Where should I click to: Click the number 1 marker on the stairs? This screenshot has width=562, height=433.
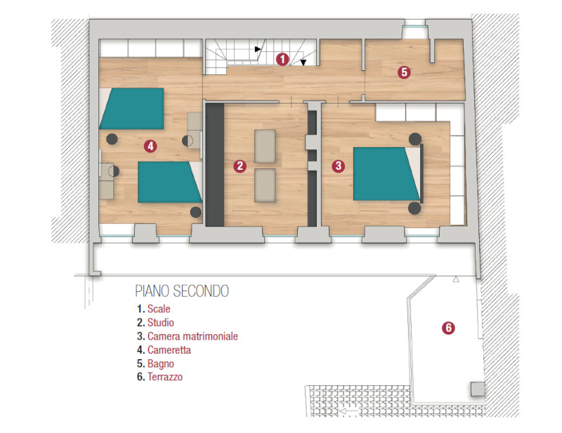click(282, 59)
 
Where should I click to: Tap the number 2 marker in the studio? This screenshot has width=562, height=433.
click(240, 166)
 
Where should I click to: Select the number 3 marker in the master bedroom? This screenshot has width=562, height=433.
click(338, 166)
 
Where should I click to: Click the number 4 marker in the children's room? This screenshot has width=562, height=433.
click(150, 146)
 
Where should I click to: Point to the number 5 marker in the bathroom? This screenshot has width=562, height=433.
click(404, 72)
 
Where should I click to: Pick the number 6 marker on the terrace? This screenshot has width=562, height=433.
click(448, 328)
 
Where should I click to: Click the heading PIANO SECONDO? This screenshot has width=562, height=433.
click(182, 291)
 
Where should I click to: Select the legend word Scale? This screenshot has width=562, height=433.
click(159, 309)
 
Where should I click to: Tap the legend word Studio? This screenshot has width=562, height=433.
click(161, 322)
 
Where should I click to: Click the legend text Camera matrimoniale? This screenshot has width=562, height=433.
click(192, 336)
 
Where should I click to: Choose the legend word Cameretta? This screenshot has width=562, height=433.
click(169, 349)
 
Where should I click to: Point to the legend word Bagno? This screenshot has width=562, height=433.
click(161, 364)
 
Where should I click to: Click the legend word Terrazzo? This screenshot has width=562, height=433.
click(165, 377)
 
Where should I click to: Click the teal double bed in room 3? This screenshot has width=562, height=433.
click(386, 174)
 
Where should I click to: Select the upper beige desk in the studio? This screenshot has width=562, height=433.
click(265, 146)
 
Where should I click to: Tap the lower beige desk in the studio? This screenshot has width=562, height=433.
click(265, 185)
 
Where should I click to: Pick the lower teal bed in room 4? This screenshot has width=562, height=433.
click(170, 182)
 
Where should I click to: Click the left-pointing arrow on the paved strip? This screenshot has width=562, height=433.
click(349, 411)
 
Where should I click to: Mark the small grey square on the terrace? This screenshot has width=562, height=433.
click(477, 389)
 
